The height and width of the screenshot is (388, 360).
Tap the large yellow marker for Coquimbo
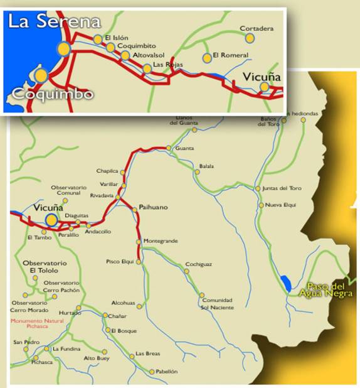[41, 75]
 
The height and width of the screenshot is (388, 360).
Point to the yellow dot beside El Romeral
[207, 58]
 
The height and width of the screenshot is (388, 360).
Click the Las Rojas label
[167, 65]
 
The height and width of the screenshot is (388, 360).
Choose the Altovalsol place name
[148, 55]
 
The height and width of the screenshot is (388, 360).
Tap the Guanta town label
[185, 148]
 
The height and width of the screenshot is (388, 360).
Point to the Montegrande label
[161, 241]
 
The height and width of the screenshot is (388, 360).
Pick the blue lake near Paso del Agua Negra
[286, 283]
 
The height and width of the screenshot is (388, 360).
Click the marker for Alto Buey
[105, 352]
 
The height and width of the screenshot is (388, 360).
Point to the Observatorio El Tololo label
[40, 266]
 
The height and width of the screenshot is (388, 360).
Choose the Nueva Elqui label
[280, 205]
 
